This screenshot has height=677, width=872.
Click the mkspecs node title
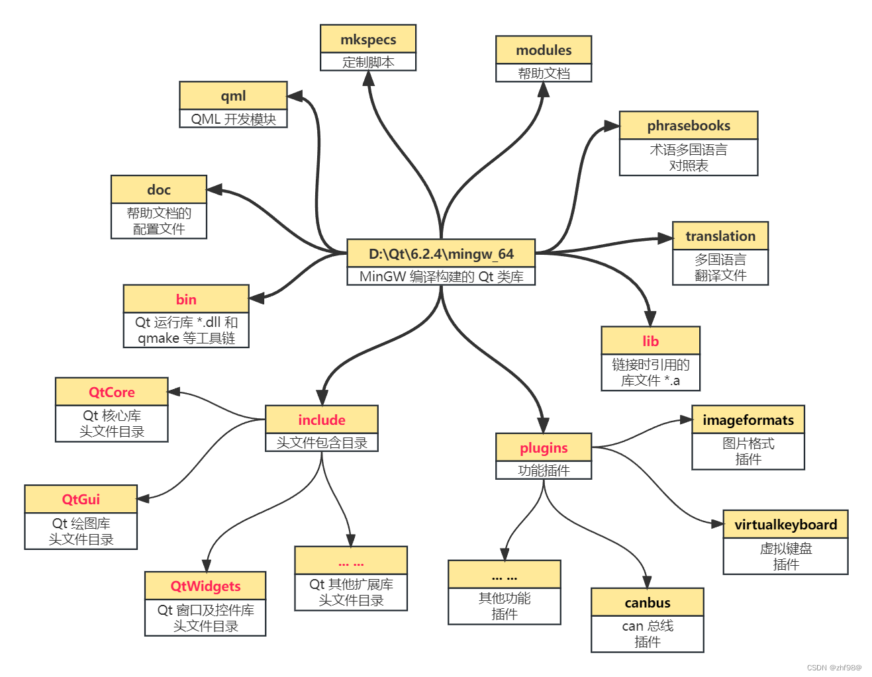[368, 40]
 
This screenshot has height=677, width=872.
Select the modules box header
[544, 50]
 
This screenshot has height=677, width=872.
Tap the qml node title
[233, 96]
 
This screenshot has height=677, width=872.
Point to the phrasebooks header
[689, 126]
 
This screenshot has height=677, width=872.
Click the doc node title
[159, 190]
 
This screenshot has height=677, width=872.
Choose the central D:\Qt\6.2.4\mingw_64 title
[441, 254]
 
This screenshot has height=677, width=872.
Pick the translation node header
[720, 236]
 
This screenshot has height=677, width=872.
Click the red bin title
[186, 299]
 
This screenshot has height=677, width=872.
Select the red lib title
[650, 341]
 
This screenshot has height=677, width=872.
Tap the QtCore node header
[112, 392]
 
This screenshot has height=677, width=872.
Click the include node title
[322, 420]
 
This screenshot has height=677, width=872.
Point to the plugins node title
[544, 448]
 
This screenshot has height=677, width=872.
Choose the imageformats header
[748, 420]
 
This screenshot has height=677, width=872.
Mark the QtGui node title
[81, 499]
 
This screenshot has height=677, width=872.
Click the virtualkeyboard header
[785, 525]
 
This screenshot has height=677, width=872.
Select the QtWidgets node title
[205, 586]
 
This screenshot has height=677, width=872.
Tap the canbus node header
[648, 602]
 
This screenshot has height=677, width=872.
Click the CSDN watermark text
[834, 668]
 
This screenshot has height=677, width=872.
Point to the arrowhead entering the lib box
[650, 318]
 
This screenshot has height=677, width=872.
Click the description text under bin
[186, 330]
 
